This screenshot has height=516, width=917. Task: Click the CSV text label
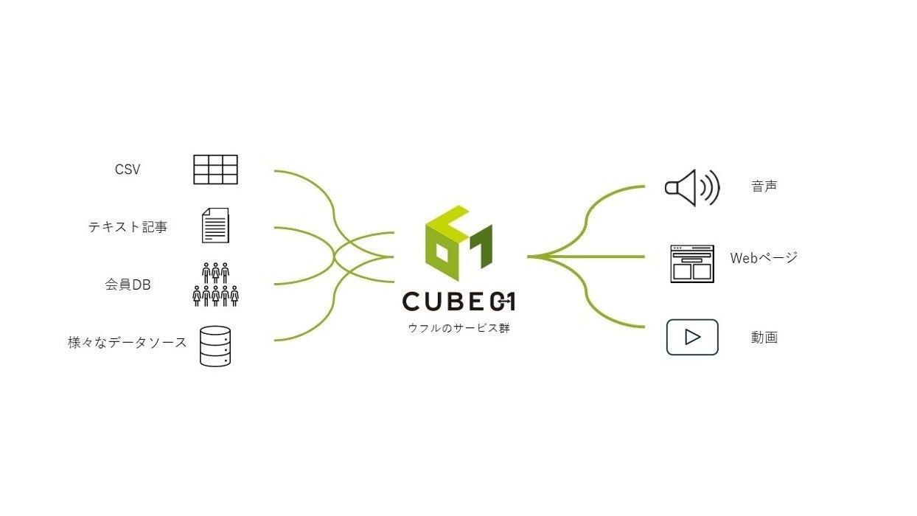[x=128, y=170]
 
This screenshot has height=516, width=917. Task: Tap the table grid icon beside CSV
[x=215, y=170]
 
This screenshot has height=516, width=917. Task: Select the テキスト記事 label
[x=128, y=227]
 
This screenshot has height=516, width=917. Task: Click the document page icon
[x=215, y=226]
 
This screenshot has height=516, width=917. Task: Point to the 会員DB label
[x=128, y=285]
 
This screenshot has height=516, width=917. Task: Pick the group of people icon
[x=215, y=285]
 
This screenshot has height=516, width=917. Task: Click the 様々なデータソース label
[x=128, y=342]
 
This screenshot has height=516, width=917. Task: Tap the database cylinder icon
[x=215, y=346]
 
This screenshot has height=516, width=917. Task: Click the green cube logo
[x=458, y=243]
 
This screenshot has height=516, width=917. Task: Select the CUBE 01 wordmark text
[x=458, y=301]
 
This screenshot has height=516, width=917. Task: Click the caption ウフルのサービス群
[x=458, y=328]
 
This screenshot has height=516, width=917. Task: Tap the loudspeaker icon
[x=691, y=187]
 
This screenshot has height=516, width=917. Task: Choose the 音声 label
[x=764, y=186]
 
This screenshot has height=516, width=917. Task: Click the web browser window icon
[x=692, y=263]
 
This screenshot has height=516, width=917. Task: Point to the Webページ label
[x=764, y=257]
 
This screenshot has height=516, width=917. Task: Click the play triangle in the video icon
[x=692, y=337]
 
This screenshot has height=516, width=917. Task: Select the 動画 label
[x=764, y=338]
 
